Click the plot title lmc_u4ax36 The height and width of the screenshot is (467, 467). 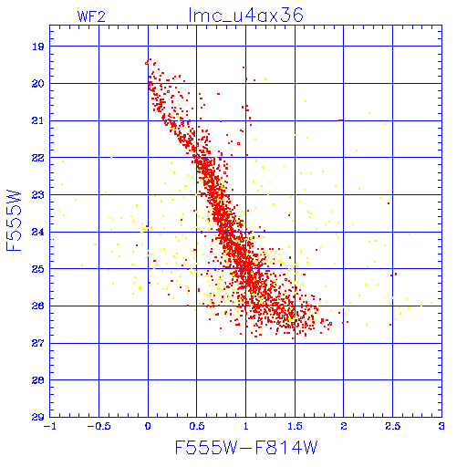[246, 16]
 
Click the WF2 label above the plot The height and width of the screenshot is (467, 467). [91, 16]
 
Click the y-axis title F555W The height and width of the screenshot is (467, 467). [14, 221]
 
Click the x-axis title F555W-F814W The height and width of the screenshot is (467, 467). [246, 447]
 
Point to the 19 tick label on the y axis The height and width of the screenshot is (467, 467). [38, 47]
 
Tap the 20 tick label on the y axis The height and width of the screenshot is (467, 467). [38, 84]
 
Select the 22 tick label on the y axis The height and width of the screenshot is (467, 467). [38, 158]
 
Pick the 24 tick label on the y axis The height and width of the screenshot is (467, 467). [38, 232]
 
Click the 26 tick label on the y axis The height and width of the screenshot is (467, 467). [38, 306]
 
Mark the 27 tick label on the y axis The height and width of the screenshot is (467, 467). [38, 343]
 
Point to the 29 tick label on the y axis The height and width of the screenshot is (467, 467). [38, 417]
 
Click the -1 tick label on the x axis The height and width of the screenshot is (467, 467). [50, 426]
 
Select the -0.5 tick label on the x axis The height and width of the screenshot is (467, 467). [99, 426]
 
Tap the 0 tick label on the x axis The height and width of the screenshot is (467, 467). [148, 426]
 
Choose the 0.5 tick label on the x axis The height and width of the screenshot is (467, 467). [197, 426]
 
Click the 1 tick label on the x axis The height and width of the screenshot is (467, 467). [246, 426]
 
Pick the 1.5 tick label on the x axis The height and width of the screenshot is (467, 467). [295, 426]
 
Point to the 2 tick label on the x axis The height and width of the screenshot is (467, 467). [344, 426]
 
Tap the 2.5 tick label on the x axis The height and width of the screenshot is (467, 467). [393, 426]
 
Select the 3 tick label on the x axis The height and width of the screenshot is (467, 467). [441, 426]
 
